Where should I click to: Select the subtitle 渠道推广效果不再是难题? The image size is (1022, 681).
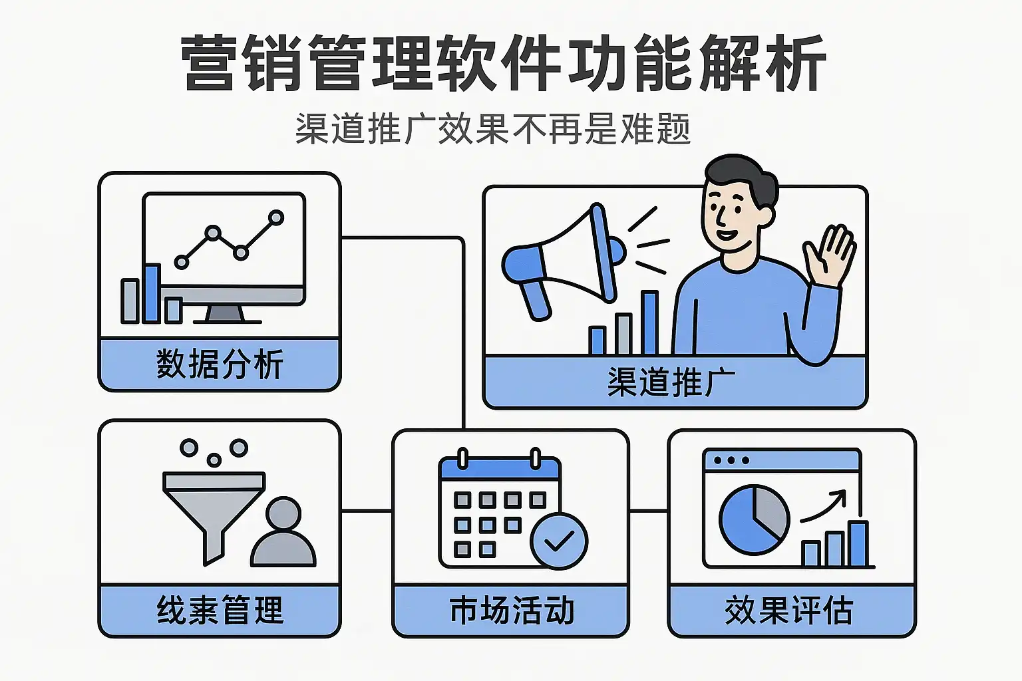(x=493, y=128)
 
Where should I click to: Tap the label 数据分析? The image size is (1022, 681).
(x=220, y=364)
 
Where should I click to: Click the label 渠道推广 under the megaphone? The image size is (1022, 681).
(x=671, y=382)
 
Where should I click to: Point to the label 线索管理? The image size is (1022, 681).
(x=220, y=610)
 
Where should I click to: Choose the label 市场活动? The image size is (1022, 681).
(x=512, y=610)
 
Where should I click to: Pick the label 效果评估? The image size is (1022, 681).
(x=789, y=610)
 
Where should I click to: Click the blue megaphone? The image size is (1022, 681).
(x=564, y=260)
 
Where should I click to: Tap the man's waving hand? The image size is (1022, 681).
(x=828, y=255)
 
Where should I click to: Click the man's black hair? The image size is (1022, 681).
(x=741, y=178)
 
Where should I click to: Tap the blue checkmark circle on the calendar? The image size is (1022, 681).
(x=559, y=541)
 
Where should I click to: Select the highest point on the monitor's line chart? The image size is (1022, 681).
(x=276, y=217)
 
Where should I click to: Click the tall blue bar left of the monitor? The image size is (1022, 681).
(x=152, y=293)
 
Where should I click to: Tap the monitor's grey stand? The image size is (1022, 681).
(x=225, y=314)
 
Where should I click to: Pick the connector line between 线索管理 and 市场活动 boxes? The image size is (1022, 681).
(x=367, y=511)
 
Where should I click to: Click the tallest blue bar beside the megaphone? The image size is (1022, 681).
(x=649, y=322)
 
